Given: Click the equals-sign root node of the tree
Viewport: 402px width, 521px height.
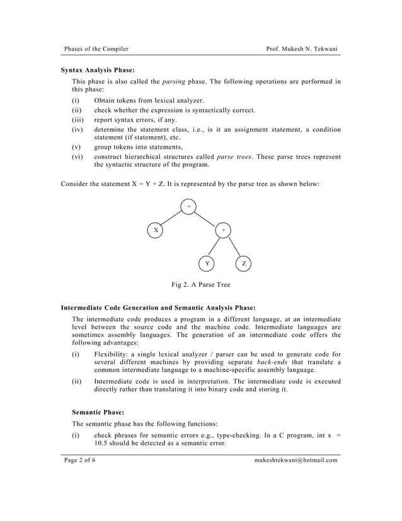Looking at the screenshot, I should point(188,207).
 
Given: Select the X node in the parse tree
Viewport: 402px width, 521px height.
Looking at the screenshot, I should point(155,230).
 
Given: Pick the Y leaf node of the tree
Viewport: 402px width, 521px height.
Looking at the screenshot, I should point(207,264).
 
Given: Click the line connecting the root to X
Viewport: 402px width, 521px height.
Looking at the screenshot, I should point(171,219).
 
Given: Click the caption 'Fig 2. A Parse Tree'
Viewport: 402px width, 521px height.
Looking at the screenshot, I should point(201,285).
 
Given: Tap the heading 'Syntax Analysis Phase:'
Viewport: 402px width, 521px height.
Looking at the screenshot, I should point(98,70).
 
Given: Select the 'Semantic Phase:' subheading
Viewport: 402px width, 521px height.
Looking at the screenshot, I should point(98,411).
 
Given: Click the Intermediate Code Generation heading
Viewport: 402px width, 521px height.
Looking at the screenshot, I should point(158,308).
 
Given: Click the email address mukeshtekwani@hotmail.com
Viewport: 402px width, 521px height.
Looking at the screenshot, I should point(296,460).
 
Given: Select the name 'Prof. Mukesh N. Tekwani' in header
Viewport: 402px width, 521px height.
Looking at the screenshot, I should point(302,49).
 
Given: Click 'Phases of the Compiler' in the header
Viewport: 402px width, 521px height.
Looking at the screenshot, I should point(96,49).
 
